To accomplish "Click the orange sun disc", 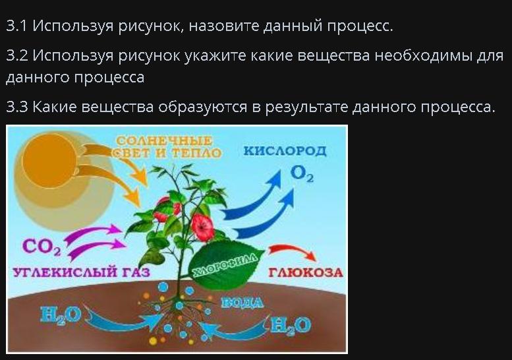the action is pyautogui.click(x=49, y=161).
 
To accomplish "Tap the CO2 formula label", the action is pyautogui.click(x=42, y=247).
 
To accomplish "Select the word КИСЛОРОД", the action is pyautogui.click(x=285, y=151).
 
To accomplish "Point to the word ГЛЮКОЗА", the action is pyautogui.click(x=306, y=272).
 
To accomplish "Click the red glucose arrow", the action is pyautogui.click(x=293, y=251).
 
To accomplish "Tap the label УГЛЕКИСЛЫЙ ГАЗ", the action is pyautogui.click(x=81, y=272).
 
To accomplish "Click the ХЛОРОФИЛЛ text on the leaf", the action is pyautogui.click(x=225, y=264).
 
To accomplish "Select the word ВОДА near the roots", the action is pyautogui.click(x=242, y=303).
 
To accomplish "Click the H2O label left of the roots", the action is pyautogui.click(x=61, y=315).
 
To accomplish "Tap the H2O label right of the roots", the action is pyautogui.click(x=291, y=325).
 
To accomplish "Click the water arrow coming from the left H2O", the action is pyautogui.click(x=121, y=322).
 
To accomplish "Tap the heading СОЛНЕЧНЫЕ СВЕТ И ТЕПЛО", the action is pyautogui.click(x=167, y=146).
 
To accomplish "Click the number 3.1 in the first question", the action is pyautogui.click(x=16, y=26).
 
